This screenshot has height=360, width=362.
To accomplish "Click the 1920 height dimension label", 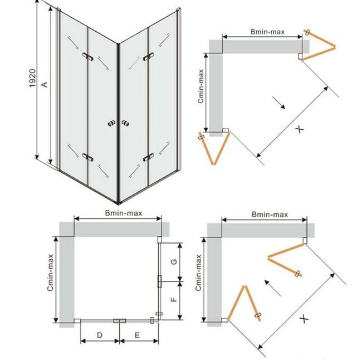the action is click(x=32, y=78).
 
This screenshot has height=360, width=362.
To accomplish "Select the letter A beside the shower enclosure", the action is click(x=45, y=84).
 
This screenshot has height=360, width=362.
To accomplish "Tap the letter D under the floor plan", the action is click(x=100, y=335).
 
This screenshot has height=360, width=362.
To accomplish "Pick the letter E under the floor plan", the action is click(x=137, y=335).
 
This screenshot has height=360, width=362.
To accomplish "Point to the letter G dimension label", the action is click(x=174, y=261).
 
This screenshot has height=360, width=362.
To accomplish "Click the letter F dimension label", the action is click(x=174, y=300).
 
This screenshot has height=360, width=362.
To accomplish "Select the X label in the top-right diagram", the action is click(x=300, y=129).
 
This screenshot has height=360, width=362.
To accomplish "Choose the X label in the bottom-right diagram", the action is click(x=304, y=319).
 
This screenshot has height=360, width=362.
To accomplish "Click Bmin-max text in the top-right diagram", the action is click(x=267, y=32).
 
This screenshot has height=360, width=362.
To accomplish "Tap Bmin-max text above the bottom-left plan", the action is click(x=124, y=213).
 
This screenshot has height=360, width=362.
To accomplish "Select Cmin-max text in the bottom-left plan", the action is click(x=50, y=273).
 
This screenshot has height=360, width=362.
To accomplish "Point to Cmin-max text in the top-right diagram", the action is click(x=200, y=86).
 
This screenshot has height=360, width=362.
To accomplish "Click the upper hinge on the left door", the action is click(x=88, y=56).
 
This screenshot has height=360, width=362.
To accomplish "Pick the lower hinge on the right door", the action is click(x=148, y=157).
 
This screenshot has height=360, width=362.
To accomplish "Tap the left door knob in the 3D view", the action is click(x=111, y=123).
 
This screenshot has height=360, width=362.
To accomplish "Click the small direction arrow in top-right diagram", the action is click(x=278, y=103).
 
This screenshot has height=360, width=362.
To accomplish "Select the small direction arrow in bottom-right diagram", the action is click(x=273, y=288).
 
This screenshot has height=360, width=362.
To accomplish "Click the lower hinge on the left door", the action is click(x=88, y=157).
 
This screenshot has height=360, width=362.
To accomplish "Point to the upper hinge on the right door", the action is click(x=148, y=57).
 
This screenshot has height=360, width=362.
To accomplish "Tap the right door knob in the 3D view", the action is click(x=125, y=123).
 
